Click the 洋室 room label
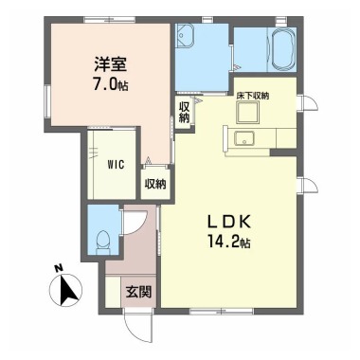(111, 64)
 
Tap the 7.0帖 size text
(111, 84)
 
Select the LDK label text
(229, 222)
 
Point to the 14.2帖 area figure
(229, 242)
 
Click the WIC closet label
(116, 165)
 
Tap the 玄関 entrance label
(139, 292)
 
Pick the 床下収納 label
(253, 96)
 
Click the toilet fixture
(103, 243)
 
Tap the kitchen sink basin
(244, 139)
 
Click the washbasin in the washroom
(185, 36)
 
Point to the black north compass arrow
(68, 288)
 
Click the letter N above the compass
(58, 268)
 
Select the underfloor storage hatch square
(248, 113)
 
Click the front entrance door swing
(137, 328)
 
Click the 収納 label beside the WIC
(155, 184)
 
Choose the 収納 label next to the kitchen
(184, 113)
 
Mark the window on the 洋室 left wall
(46, 101)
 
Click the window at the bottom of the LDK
(222, 311)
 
